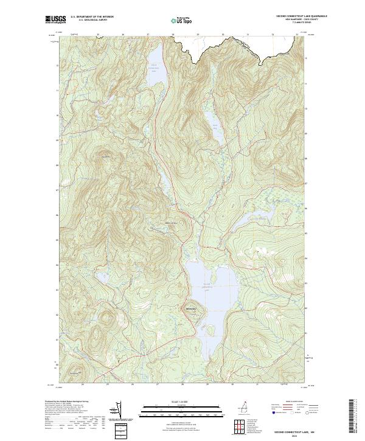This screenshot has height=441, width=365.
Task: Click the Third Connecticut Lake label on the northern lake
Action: (x=155, y=66)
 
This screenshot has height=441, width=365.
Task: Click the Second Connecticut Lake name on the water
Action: (x=207, y=285)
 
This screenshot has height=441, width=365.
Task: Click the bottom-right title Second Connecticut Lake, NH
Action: (x=291, y=429)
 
